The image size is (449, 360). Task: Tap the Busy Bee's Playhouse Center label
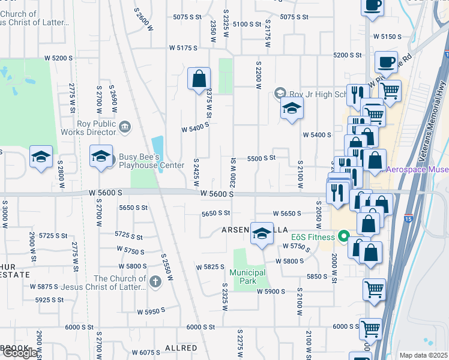click(151, 161)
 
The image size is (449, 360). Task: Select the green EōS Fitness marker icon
click(343, 236)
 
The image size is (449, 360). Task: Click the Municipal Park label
click(247, 277)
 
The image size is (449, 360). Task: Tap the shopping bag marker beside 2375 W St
click(199, 79)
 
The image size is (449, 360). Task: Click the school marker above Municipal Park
click(262, 233)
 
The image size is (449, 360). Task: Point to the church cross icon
click(155, 281)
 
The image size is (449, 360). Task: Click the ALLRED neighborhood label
click(181, 348)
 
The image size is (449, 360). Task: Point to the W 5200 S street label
click(58, 58)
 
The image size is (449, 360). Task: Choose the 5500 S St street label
click(261, 158)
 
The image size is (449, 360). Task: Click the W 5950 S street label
click(151, 312)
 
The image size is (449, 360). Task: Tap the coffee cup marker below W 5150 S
click(385, 61)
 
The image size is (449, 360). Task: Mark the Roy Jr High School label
click(318, 94)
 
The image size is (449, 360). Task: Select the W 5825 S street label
click(210, 266)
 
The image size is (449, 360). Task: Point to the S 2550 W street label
click(167, 268)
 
